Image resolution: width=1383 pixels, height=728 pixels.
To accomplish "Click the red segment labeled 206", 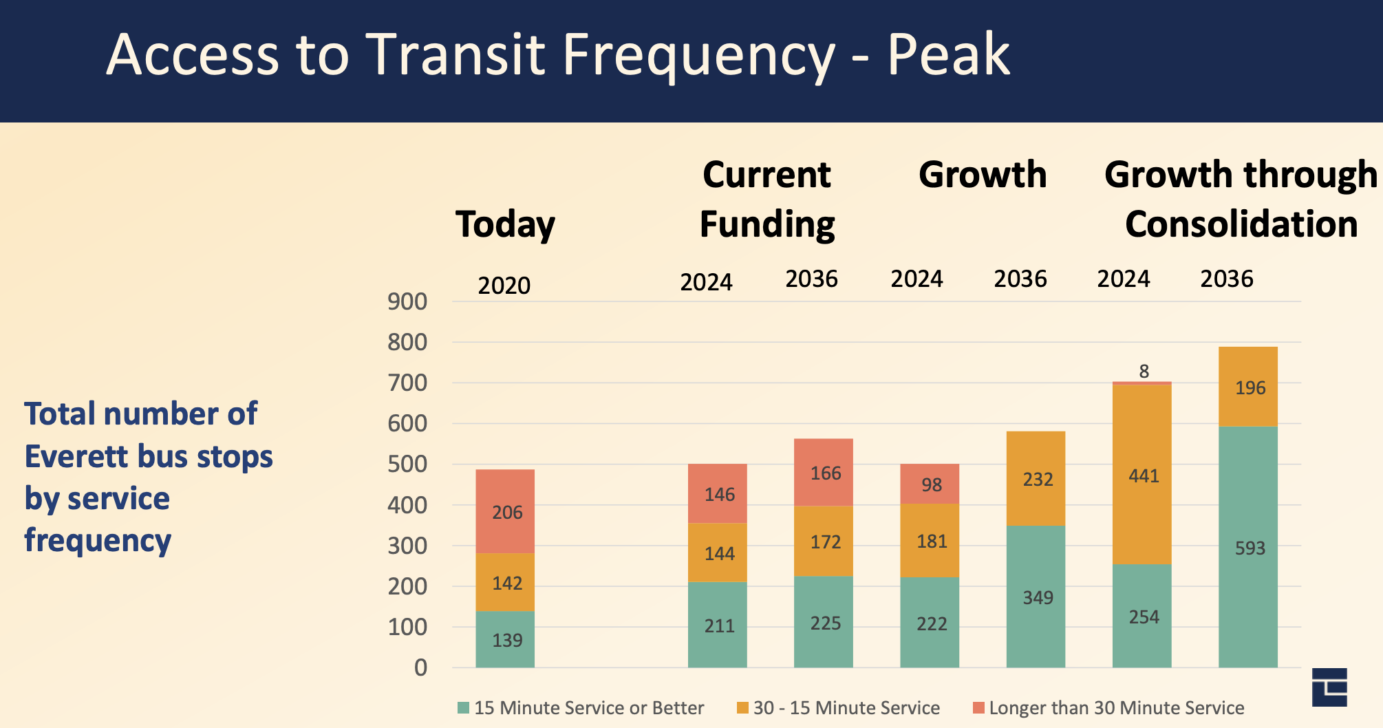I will click(505, 511).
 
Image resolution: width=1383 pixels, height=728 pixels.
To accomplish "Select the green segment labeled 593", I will click(1247, 547).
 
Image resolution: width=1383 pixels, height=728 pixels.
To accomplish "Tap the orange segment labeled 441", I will click(1141, 475).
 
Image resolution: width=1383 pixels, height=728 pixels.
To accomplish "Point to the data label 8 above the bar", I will click(1144, 372).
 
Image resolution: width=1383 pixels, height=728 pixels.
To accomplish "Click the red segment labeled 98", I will click(930, 484).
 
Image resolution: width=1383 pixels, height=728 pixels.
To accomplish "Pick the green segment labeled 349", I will click(1036, 597).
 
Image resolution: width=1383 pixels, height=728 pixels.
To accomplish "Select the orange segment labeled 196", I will click(1247, 387).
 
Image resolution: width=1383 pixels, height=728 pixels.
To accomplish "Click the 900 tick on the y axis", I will click(407, 301).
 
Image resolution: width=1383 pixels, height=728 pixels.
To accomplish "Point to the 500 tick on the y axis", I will click(407, 464).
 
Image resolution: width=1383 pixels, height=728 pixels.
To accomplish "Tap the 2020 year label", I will click(504, 286).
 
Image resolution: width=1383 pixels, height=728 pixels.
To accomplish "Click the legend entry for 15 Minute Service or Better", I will click(581, 708).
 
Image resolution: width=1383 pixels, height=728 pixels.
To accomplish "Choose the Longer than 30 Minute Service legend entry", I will click(1108, 708).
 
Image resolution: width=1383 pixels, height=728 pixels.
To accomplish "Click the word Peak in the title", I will click(948, 55).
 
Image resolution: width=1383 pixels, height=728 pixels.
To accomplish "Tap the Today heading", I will click(505, 225).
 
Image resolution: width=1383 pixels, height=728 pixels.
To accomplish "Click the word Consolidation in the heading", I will click(1241, 224).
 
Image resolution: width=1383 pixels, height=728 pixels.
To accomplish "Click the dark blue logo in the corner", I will click(1329, 687).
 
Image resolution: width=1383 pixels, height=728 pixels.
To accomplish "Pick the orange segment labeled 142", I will click(505, 582).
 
